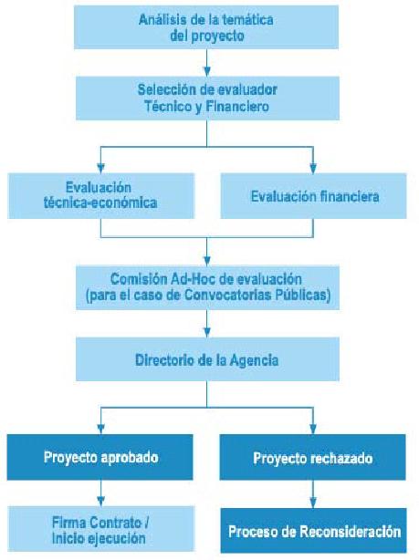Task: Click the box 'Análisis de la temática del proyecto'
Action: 206,27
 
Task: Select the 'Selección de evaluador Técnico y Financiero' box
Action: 207,98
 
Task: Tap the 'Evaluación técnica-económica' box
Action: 100,196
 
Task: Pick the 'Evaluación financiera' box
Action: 313,196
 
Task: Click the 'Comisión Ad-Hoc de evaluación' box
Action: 207,287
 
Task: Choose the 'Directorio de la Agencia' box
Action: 207,359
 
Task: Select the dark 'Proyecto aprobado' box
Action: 100,457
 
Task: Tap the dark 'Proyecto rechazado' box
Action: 312,457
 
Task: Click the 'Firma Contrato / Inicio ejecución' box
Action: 100,529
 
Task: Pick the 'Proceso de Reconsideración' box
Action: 313,530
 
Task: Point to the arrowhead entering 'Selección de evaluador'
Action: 206,71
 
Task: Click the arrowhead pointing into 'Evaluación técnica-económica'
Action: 100,168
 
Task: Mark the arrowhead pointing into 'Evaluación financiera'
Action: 313,168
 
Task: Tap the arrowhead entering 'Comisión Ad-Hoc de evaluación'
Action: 206,261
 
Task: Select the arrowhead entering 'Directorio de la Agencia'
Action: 206,333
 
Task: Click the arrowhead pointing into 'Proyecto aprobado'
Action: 100,430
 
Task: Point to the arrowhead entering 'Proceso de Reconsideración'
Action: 313,503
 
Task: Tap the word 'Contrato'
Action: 115,523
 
